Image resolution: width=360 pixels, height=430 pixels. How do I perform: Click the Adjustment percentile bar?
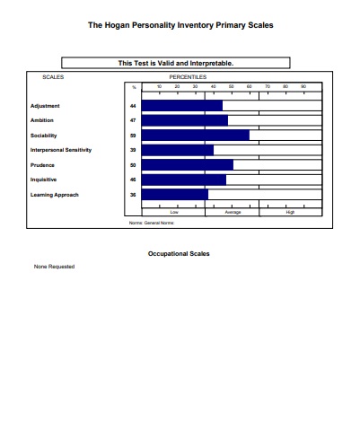[x=182, y=106]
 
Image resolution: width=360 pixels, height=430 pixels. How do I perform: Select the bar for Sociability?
[x=196, y=136]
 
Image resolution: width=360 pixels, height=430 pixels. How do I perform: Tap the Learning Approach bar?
[x=175, y=194]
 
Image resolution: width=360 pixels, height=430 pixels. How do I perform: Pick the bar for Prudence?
[x=188, y=165]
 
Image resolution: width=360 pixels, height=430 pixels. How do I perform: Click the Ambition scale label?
[x=42, y=120]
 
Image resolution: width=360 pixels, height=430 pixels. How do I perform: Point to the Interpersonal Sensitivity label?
[x=61, y=150]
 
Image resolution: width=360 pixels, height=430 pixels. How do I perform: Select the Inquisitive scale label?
[x=44, y=180]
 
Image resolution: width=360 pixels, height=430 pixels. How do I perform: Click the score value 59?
[x=133, y=136]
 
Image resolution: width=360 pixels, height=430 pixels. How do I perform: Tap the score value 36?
[x=133, y=194]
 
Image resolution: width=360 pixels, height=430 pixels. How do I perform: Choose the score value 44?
[x=133, y=106]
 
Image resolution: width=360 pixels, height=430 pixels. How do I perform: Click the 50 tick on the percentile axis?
[x=232, y=86]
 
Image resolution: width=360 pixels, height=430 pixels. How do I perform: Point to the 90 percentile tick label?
[x=303, y=86]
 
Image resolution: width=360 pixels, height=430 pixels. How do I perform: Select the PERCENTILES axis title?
[x=188, y=78]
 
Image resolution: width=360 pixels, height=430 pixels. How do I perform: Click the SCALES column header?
[x=53, y=78]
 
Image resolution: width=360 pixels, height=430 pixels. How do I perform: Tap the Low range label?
[x=174, y=212]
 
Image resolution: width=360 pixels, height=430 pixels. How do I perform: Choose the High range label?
[x=290, y=212]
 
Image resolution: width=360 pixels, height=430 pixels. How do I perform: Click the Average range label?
[x=233, y=212]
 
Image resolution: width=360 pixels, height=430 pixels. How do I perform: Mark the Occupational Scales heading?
[x=179, y=254]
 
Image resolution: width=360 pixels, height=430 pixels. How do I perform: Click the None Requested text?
[x=54, y=267]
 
